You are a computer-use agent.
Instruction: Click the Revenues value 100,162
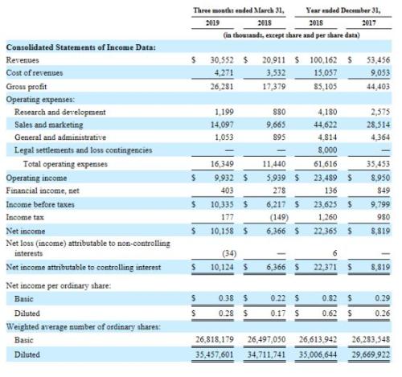[x=326, y=60]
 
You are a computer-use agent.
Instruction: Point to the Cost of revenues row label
[x=33, y=72]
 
